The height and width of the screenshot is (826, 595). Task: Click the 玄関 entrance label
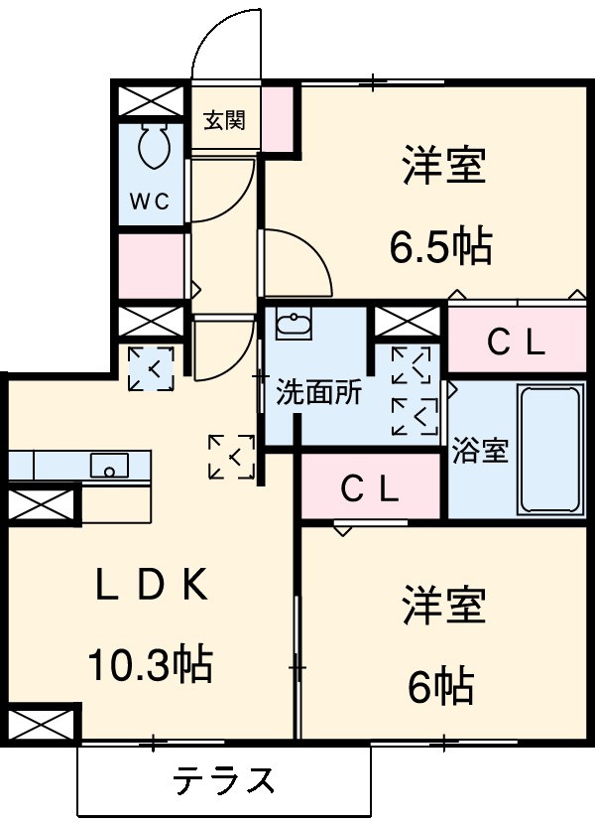[225, 120]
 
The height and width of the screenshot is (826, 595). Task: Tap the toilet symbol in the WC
[152, 147]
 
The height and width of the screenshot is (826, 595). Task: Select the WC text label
[151, 199]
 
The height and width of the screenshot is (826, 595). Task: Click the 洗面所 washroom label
[318, 391]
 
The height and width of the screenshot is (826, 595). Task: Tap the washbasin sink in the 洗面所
[292, 325]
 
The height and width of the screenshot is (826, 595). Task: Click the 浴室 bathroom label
[480, 450]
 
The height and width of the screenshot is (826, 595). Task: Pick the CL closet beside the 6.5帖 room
[516, 343]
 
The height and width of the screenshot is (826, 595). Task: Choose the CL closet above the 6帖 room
[370, 487]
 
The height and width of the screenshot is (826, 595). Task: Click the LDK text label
[152, 587]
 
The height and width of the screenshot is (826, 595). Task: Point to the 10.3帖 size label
[152, 662]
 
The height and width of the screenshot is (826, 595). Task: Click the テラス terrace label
[224, 780]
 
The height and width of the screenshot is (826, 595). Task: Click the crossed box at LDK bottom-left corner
[41, 724]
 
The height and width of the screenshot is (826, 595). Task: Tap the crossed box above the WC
[152, 102]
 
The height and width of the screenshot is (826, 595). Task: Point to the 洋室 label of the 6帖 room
[443, 607]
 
